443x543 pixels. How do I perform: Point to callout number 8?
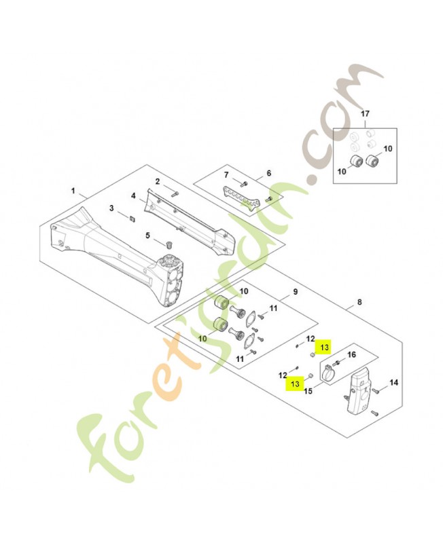(359, 303)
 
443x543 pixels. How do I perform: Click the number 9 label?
(295, 293)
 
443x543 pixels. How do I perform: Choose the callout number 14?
(395, 383)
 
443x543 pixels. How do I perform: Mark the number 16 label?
(351, 354)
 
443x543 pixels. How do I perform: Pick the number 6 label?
(268, 173)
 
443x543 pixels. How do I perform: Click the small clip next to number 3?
(131, 217)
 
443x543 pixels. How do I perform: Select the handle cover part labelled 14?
(359, 394)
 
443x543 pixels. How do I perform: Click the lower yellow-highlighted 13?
(295, 384)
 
